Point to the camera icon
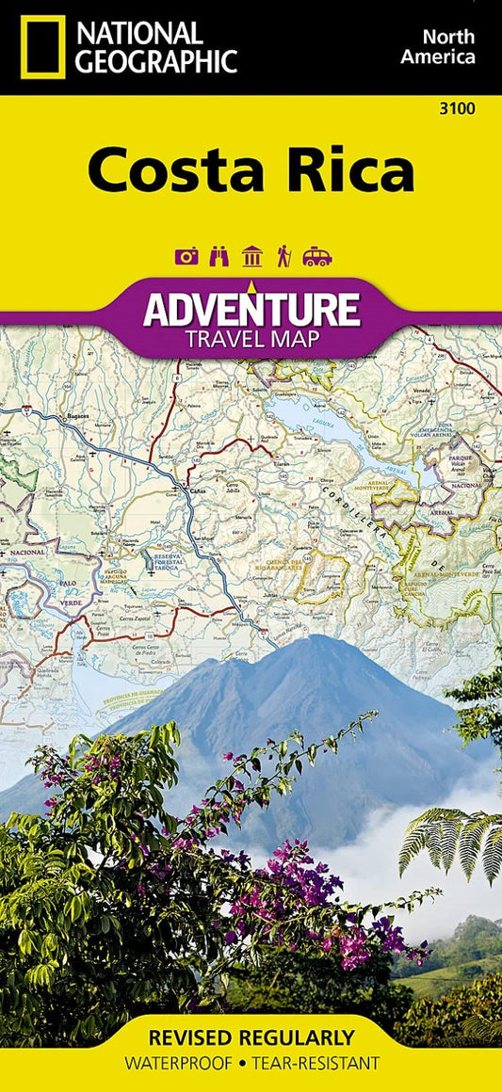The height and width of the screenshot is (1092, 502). (x=187, y=256)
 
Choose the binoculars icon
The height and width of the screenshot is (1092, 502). (x=219, y=256)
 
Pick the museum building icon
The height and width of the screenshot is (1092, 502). (x=251, y=256)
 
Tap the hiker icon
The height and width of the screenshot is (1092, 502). (x=283, y=256)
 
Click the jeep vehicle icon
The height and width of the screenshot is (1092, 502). (x=317, y=256)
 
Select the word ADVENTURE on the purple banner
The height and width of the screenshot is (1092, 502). (x=251, y=309)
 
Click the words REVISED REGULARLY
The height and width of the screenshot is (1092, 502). (x=251, y=1038)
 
